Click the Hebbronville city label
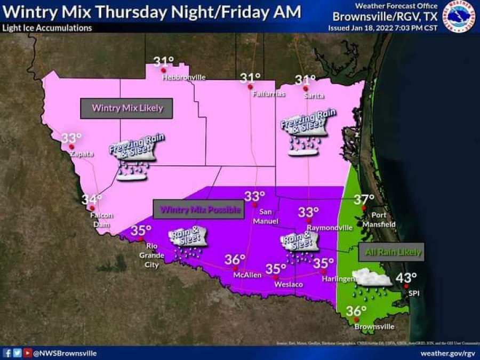pos(183,77)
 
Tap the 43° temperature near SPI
pos(406,277)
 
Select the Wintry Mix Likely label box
pos(127,108)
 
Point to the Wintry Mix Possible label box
pos(197,210)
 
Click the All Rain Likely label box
pos(391,252)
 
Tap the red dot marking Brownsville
pos(356,320)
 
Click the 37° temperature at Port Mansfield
pos(364,199)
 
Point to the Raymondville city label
pos(330,228)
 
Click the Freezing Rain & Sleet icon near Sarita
pos(302,133)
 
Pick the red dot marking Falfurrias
pos(250,86)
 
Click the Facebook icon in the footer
pos(7,353)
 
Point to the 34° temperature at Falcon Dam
pos(91,199)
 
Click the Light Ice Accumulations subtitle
pos(47,28)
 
